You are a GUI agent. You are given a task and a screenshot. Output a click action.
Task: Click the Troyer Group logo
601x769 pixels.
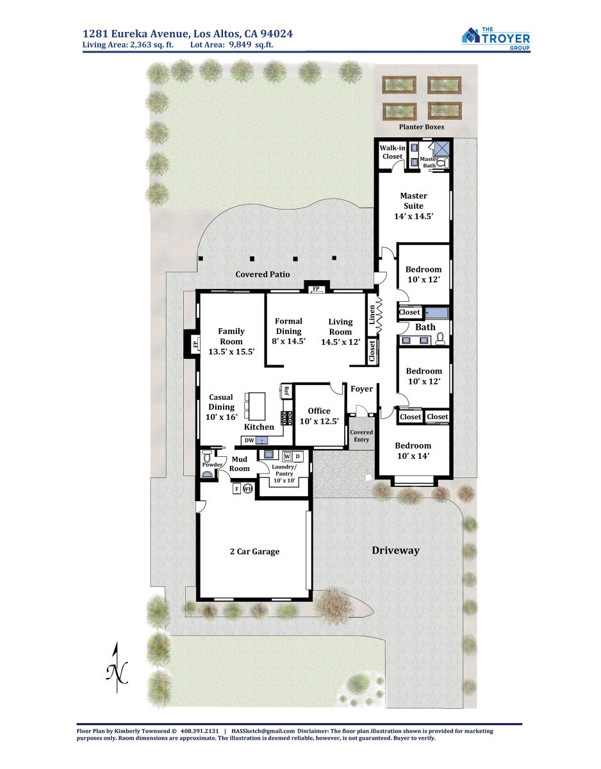coord(496,39)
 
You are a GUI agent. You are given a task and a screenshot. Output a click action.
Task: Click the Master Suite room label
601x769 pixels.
coord(413,206)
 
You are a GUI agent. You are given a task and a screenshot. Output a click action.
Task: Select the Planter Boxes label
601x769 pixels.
coord(422,127)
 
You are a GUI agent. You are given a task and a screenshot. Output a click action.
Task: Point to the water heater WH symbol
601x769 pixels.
coord(248,489)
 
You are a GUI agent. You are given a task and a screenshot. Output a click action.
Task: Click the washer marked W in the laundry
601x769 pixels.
coord(287,456)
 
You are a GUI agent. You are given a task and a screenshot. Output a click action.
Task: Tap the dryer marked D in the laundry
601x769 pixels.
coord(298,456)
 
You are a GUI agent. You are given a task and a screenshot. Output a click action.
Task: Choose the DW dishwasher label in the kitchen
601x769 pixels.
coord(249,440)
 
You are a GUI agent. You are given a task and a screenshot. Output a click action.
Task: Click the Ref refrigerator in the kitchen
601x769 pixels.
coord(286,391)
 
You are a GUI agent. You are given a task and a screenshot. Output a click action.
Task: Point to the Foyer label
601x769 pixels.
coord(361,389)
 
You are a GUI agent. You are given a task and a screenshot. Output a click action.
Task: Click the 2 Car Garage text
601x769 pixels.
coord(255,551)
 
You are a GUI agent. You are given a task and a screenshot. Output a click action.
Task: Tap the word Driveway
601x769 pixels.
coord(395,550)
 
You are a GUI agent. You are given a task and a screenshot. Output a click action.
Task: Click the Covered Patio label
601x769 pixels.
coord(263,274)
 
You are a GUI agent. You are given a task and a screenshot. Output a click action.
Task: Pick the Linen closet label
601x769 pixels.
coord(372,315)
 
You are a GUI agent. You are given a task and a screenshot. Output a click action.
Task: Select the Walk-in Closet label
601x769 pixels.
coord(392,152)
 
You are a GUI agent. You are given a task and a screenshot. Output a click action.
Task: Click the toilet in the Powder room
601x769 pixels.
coord(206,455)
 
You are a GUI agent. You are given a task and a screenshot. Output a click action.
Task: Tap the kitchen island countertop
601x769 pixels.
coord(257,406)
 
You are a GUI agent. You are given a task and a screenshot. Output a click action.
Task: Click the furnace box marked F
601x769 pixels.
coord(237,489)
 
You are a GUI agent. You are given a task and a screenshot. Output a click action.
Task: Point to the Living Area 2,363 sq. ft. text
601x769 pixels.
coord(128,45)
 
